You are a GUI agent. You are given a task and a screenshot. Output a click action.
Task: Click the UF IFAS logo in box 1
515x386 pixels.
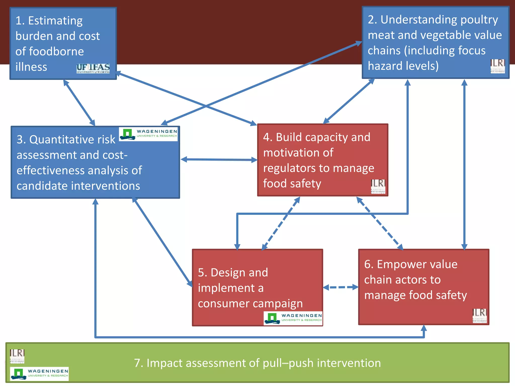[93, 68]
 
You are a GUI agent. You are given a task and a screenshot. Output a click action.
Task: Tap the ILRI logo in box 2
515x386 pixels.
[497, 66]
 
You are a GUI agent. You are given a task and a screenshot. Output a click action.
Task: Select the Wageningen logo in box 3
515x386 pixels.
[148, 134]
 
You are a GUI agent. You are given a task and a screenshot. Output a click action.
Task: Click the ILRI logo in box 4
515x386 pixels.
[378, 186]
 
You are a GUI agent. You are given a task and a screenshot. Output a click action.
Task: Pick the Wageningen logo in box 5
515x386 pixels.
[293, 318]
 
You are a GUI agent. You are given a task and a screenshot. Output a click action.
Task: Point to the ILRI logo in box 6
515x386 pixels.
[480, 316]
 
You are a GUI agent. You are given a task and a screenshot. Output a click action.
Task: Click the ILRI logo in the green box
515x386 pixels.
[17, 356]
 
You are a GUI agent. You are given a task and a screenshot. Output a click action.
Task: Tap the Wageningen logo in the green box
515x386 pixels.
[39, 373]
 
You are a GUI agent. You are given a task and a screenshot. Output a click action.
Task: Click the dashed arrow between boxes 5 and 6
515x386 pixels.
[340, 287]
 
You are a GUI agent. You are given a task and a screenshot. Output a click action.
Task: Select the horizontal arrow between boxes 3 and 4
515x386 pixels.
[219, 160]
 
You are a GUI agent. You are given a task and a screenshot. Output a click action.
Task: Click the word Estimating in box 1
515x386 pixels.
[55, 21]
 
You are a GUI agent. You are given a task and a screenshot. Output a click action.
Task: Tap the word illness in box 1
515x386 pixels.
[31, 67]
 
